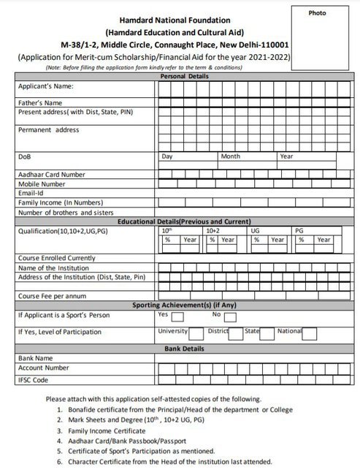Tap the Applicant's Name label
[46, 87]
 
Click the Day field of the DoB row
[187, 156]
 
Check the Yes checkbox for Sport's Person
[177, 316]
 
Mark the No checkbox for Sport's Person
[230, 316]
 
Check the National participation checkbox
[310, 333]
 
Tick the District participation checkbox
[235, 333]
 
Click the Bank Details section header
[183, 349]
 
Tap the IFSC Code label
[34, 379]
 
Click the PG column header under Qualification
[299, 230]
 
